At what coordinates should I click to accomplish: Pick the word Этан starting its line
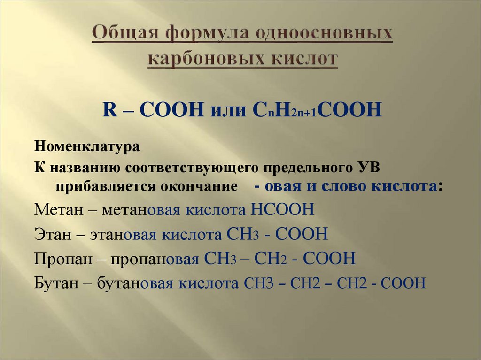pos(48,234)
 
